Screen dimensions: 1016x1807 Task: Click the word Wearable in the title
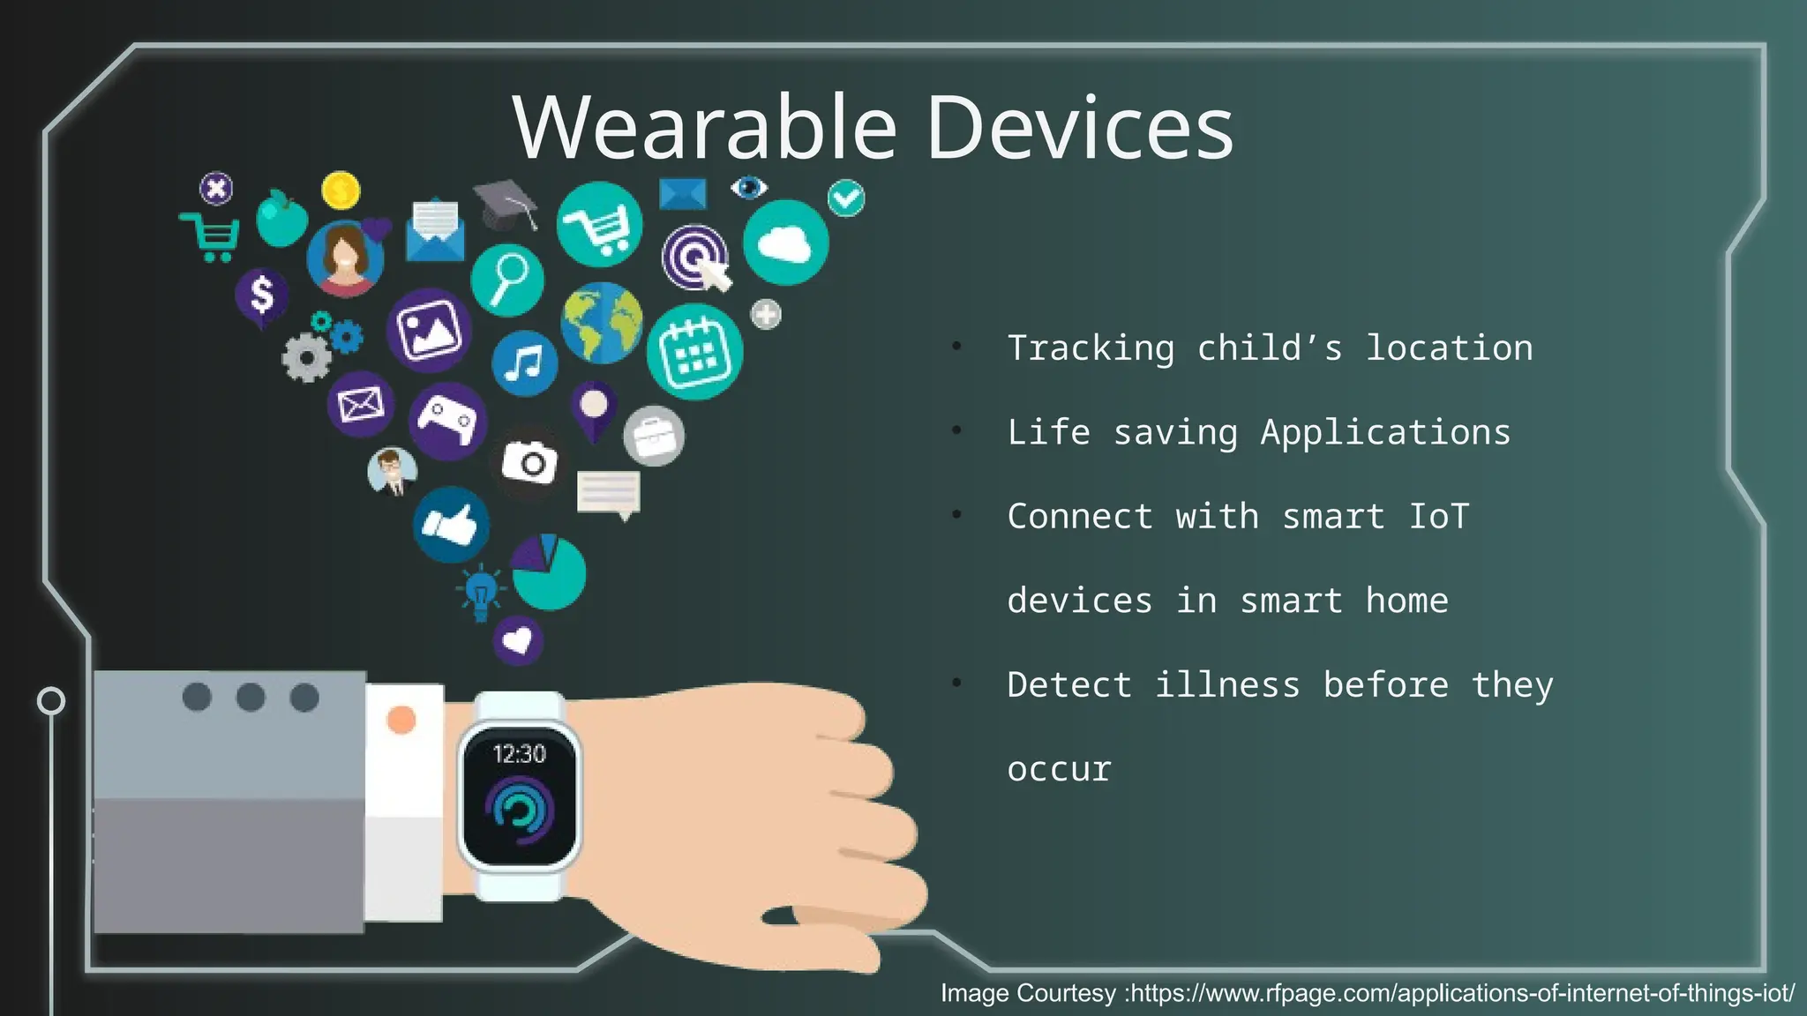(704, 128)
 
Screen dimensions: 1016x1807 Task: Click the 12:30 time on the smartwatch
(519, 754)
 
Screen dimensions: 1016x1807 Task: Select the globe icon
(602, 323)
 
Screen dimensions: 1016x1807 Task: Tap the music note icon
(525, 362)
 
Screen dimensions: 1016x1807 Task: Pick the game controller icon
(448, 420)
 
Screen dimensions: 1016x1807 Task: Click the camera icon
(529, 461)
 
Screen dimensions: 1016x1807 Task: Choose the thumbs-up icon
(451, 525)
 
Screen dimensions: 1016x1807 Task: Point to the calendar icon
(694, 352)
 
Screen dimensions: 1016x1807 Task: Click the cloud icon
(785, 243)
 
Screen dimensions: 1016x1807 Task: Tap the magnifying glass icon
(507, 279)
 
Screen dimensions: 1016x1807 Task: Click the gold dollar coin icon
(341, 190)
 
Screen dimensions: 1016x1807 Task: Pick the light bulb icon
(481, 591)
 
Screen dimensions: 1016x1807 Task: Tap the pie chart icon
(549, 572)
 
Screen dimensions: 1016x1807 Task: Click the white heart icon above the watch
(517, 639)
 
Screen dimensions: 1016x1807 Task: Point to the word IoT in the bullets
(1438, 516)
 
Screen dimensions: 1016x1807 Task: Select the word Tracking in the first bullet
(1091, 348)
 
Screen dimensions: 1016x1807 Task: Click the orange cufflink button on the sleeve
(401, 720)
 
